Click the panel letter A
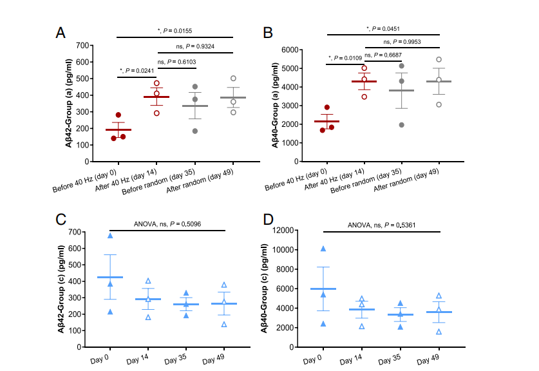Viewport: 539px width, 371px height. pos(61,33)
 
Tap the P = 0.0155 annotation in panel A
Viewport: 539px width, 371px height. pos(175,30)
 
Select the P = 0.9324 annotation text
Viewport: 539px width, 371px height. pos(195,46)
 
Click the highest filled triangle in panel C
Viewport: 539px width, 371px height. pos(110,236)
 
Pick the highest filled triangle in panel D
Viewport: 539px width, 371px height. pos(323,249)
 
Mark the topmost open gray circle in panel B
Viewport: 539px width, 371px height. pos(439,59)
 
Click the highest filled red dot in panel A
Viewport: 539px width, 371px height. pos(118,115)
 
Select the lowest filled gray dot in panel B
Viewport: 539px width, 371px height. pos(402,125)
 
